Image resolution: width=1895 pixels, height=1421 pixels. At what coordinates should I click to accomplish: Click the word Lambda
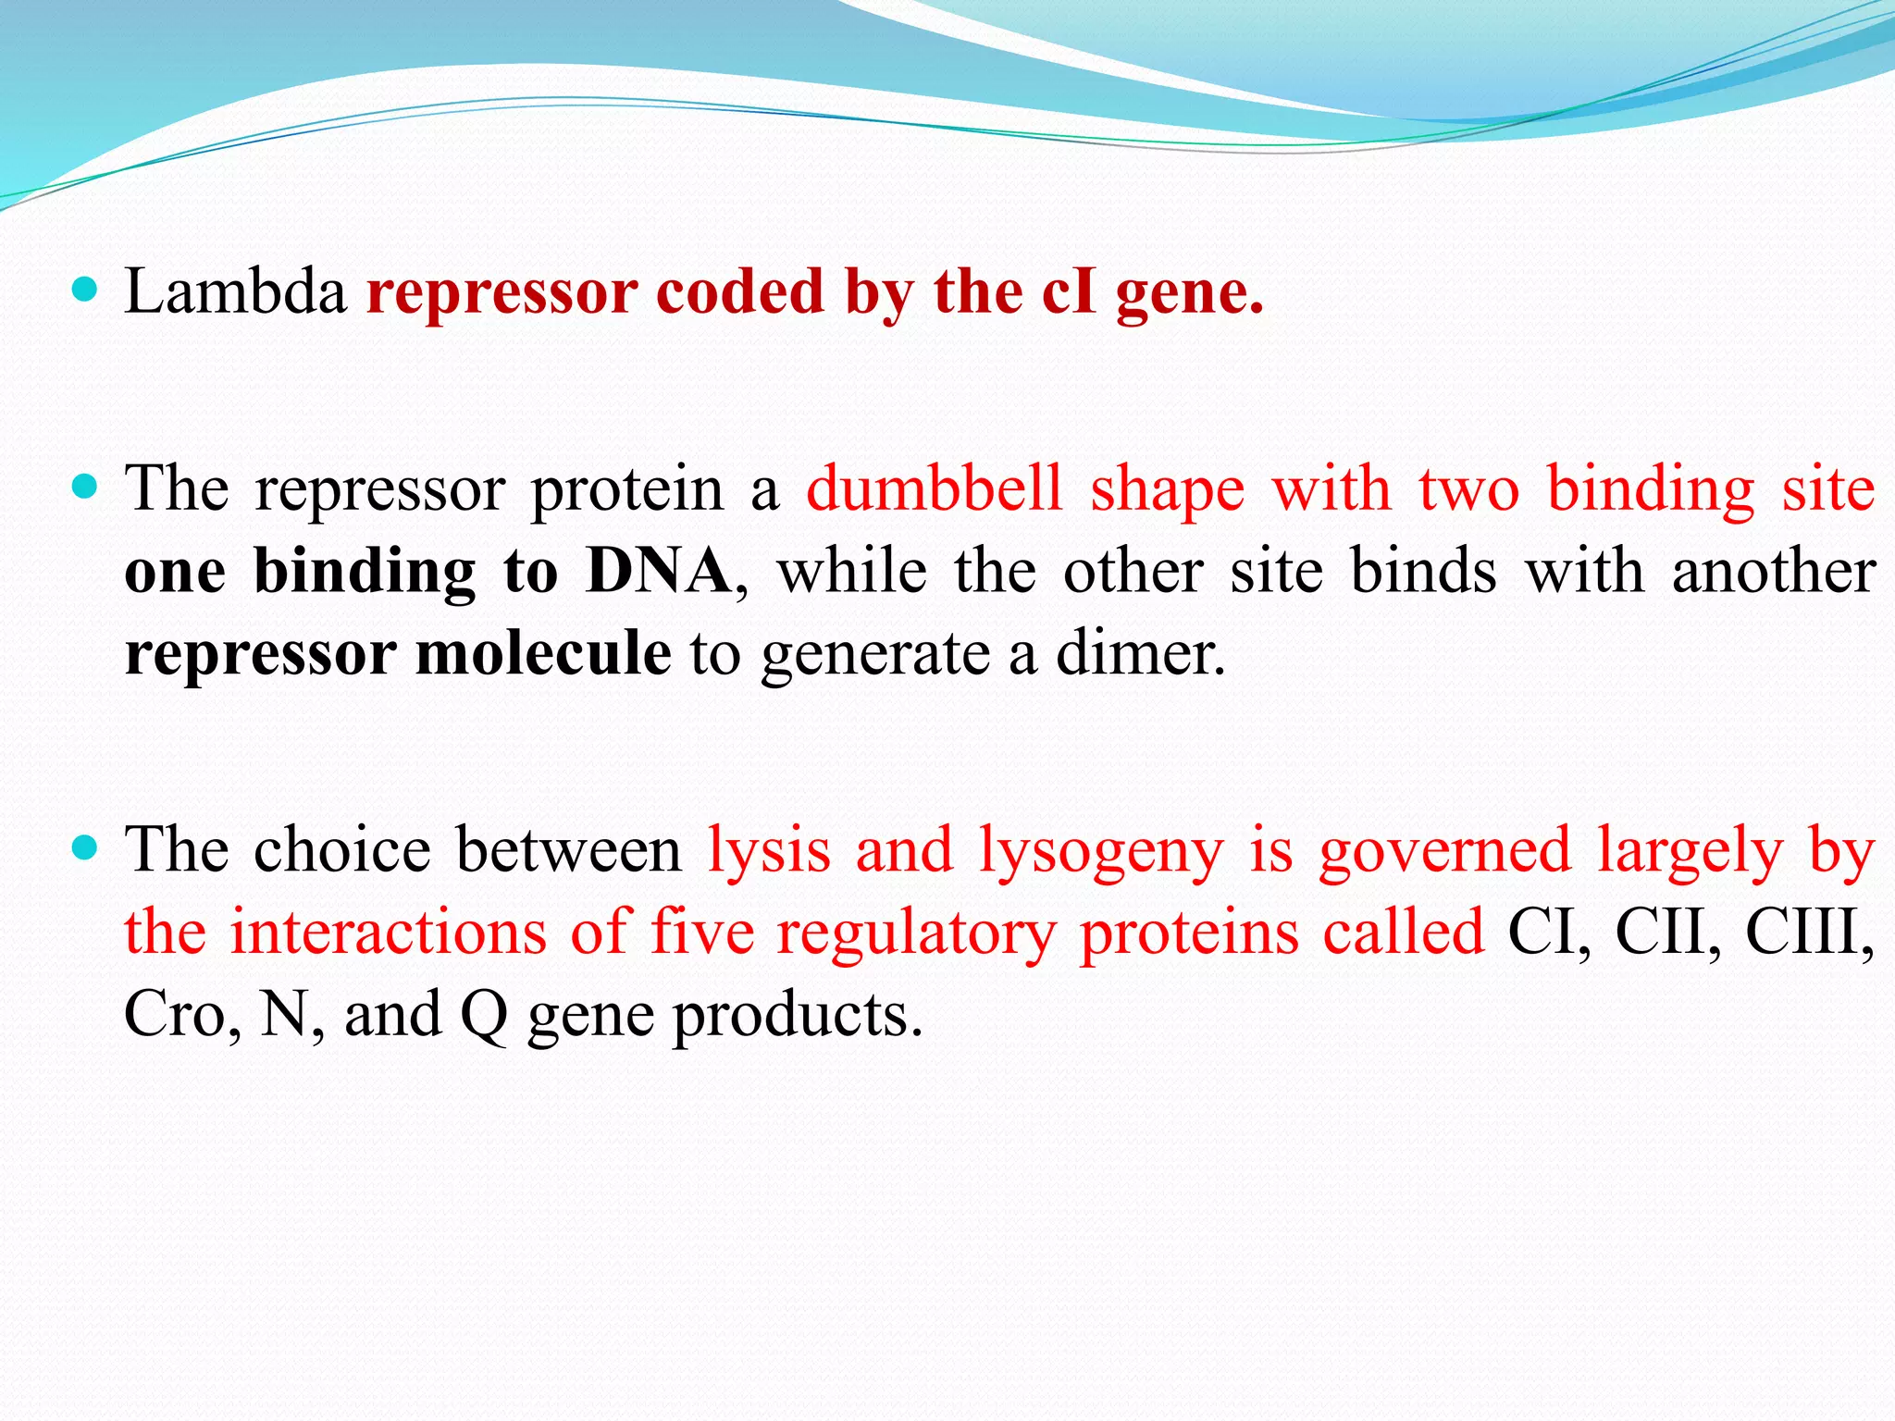click(x=235, y=292)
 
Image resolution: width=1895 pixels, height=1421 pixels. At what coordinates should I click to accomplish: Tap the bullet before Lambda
click(x=84, y=290)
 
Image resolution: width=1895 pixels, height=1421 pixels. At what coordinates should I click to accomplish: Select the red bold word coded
click(x=739, y=292)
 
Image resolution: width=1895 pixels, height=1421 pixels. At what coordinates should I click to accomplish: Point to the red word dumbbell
click(x=935, y=489)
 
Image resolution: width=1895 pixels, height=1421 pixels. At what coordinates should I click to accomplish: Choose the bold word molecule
click(x=543, y=653)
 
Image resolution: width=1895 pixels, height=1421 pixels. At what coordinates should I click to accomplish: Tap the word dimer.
click(x=1141, y=653)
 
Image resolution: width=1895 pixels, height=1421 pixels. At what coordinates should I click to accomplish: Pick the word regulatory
click(x=915, y=933)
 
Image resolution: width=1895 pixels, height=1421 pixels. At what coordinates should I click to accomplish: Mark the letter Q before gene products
click(x=483, y=1016)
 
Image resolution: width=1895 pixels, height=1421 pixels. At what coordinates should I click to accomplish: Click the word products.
click(x=797, y=1016)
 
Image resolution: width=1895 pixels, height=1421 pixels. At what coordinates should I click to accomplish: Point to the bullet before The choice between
click(x=84, y=847)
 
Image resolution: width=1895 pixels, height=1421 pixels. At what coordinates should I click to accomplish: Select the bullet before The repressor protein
click(x=84, y=487)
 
